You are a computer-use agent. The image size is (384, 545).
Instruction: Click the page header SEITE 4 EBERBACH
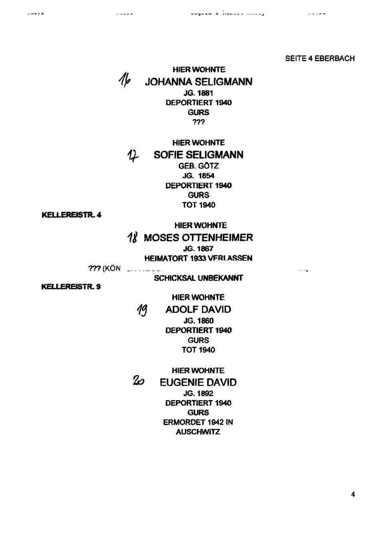pyautogui.click(x=320, y=58)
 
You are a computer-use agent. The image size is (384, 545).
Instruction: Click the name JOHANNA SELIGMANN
pyautogui.click(x=198, y=82)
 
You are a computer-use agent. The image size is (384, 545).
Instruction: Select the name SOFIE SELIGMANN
pyautogui.click(x=198, y=155)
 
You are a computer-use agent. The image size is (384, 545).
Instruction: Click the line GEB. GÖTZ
pyautogui.click(x=198, y=166)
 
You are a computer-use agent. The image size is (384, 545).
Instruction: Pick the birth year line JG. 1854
pyautogui.click(x=198, y=175)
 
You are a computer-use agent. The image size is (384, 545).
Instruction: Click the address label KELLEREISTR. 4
pyautogui.click(x=71, y=215)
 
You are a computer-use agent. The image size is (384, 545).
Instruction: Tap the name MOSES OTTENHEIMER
pyautogui.click(x=198, y=238)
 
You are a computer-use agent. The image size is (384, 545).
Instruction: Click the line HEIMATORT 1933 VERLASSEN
pyautogui.click(x=198, y=258)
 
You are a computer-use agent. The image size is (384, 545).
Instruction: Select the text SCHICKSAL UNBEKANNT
pyautogui.click(x=198, y=278)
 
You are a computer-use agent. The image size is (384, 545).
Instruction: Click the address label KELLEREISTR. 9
pyautogui.click(x=71, y=287)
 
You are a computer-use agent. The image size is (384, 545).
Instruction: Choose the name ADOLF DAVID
pyautogui.click(x=198, y=309)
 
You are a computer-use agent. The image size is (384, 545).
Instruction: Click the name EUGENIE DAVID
pyautogui.click(x=198, y=383)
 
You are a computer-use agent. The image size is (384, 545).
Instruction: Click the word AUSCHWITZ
pyautogui.click(x=198, y=432)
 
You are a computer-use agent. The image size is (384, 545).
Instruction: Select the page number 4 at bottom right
pyautogui.click(x=353, y=494)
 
